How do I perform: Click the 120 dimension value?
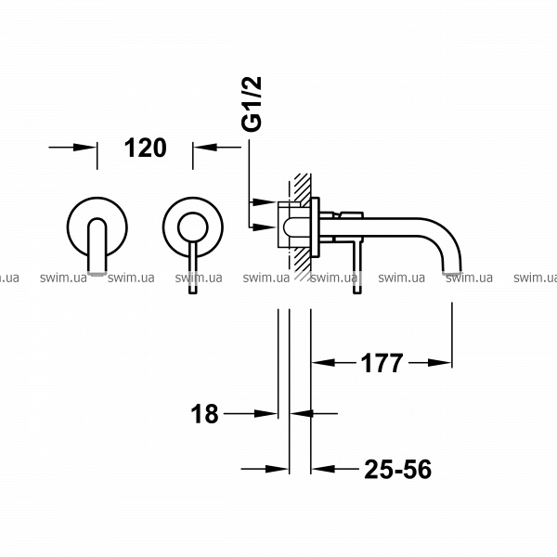pyautogui.click(x=146, y=148)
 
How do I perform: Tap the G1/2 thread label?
pyautogui.click(x=252, y=104)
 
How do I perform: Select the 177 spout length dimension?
pyautogui.click(x=382, y=363)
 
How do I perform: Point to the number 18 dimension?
pyautogui.click(x=204, y=414)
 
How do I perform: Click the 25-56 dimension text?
pyautogui.click(x=398, y=469)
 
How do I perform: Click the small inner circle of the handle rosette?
pyautogui.click(x=193, y=227)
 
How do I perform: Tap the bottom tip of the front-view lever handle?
pyautogui.click(x=192, y=292)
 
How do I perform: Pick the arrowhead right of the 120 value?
pyautogui.click(x=204, y=147)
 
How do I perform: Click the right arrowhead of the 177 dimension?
pyautogui.click(x=440, y=363)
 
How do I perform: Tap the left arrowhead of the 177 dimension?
pyautogui.click(x=323, y=363)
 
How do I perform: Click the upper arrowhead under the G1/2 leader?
pyautogui.click(x=265, y=202)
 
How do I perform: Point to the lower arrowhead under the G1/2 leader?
pyautogui.click(x=265, y=227)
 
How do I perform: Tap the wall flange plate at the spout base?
pyautogui.click(x=315, y=227)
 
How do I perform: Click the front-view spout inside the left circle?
pyautogui.click(x=97, y=246)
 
